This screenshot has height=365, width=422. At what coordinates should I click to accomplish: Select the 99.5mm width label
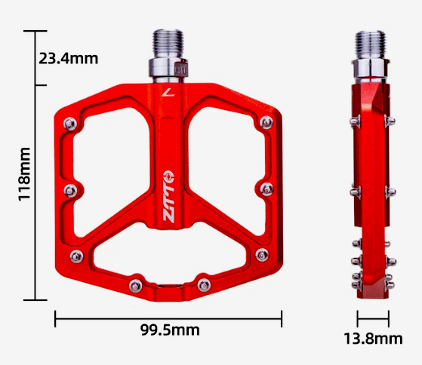pyautogui.click(x=170, y=330)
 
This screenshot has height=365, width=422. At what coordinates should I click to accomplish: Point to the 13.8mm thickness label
pyautogui.click(x=372, y=339)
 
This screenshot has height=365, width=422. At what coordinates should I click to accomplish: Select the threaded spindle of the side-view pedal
pyautogui.click(x=372, y=45)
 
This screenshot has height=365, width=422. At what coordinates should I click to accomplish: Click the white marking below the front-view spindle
pyautogui.click(x=167, y=93)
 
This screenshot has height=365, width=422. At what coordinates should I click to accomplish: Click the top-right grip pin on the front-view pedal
pyautogui.click(x=264, y=122)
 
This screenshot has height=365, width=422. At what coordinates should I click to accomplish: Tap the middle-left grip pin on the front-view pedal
pyautogui.click(x=69, y=189)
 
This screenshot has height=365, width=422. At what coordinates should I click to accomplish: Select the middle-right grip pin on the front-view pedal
pyautogui.click(x=264, y=188)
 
